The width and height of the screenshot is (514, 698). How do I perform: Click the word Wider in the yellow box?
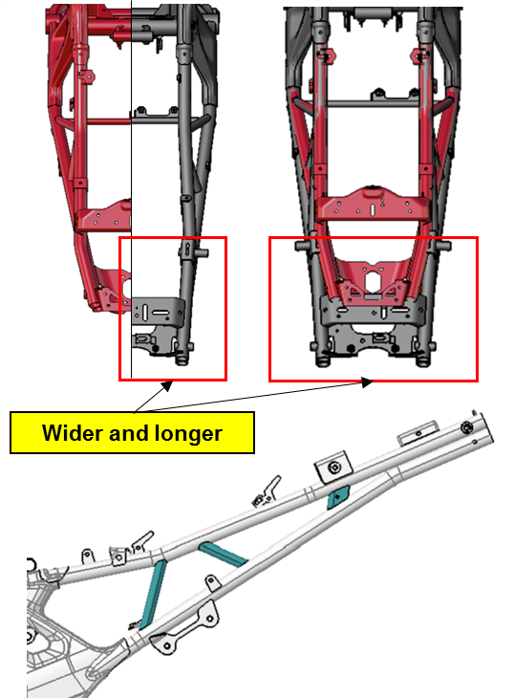73,433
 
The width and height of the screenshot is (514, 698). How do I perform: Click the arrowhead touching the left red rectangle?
167,385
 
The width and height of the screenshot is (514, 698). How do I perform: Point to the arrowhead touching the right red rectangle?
366,382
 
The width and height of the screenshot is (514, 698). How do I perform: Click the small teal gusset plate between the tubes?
338,497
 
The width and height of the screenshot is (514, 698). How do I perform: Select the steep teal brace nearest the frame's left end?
154,595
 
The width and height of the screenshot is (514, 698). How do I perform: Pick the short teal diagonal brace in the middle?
223,555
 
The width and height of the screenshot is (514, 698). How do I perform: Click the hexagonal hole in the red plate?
373,281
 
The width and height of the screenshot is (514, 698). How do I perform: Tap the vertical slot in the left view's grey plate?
144,312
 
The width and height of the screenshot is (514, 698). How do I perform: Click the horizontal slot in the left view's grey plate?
161,313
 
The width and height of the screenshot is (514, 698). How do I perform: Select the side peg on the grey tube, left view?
202,253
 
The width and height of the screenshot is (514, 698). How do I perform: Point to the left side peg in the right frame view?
302,246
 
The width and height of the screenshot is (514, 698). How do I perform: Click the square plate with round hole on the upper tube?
334,467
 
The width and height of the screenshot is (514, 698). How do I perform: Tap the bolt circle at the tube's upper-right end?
466,427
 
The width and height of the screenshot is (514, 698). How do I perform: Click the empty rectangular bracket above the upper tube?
418,433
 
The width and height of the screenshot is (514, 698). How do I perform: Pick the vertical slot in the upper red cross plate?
373,210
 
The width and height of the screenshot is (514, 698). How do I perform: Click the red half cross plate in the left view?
103,217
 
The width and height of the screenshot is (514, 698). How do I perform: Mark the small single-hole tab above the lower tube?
212,582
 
